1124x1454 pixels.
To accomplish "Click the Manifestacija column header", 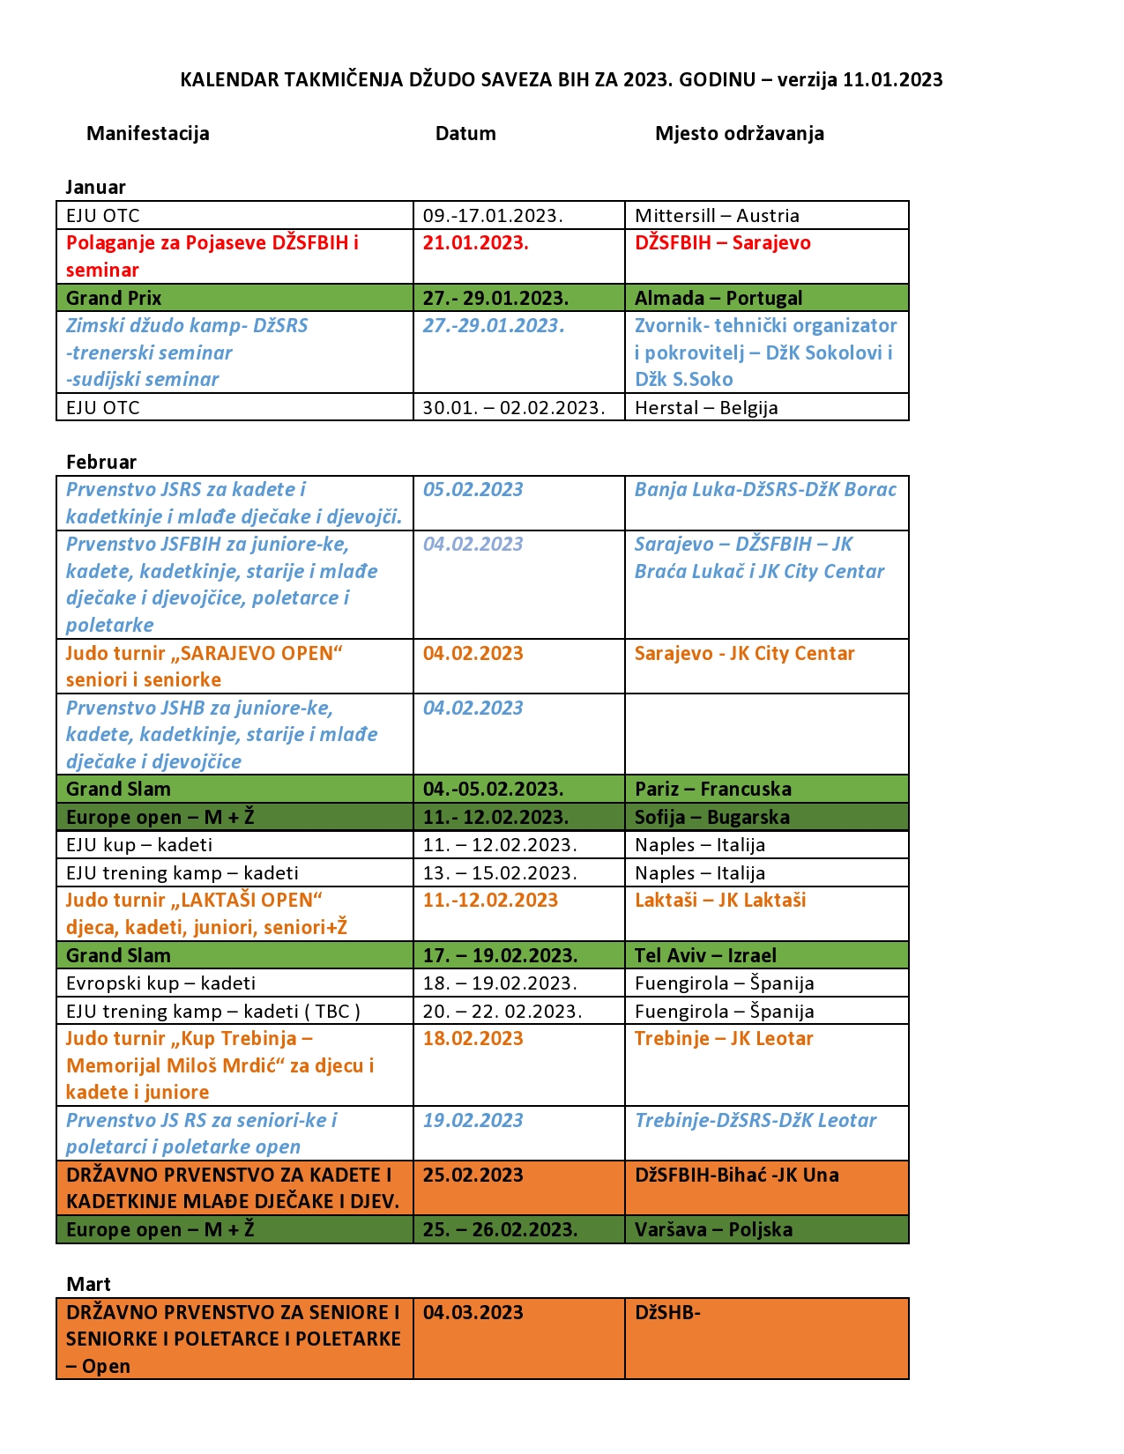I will pyautogui.click(x=147, y=134).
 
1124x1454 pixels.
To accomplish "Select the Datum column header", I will pyautogui.click(x=465, y=134).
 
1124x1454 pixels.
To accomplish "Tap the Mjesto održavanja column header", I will pyautogui.click(x=739, y=134).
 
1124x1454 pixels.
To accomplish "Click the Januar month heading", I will pyautogui.click(x=95, y=187).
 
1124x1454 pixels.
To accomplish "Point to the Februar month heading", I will pyautogui.click(x=101, y=462).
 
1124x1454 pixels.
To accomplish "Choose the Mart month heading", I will pyautogui.click(x=88, y=1284).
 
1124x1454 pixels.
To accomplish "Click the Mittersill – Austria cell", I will pyautogui.click(x=717, y=216).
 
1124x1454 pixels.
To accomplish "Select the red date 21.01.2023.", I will pyautogui.click(x=475, y=243).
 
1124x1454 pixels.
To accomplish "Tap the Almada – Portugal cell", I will pyautogui.click(x=718, y=298).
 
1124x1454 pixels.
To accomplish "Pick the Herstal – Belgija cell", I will pyautogui.click(x=706, y=408).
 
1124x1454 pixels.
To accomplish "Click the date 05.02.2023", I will pyautogui.click(x=473, y=490).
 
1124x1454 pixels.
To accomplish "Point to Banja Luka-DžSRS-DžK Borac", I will pyautogui.click(x=765, y=490).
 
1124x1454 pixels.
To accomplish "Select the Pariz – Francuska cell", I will pyautogui.click(x=712, y=789).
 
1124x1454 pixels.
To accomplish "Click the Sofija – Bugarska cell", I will pyautogui.click(x=711, y=817).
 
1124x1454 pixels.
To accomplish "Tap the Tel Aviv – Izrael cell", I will pyautogui.click(x=705, y=955).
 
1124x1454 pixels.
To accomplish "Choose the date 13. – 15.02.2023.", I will pyautogui.click(x=499, y=873).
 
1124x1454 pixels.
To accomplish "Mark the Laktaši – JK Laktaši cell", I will pyautogui.click(x=719, y=901).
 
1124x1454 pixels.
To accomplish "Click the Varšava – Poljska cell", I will pyautogui.click(x=713, y=1229).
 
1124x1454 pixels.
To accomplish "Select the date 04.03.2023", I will pyautogui.click(x=473, y=1312).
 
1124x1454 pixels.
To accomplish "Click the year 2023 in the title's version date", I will pyautogui.click(x=921, y=80).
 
